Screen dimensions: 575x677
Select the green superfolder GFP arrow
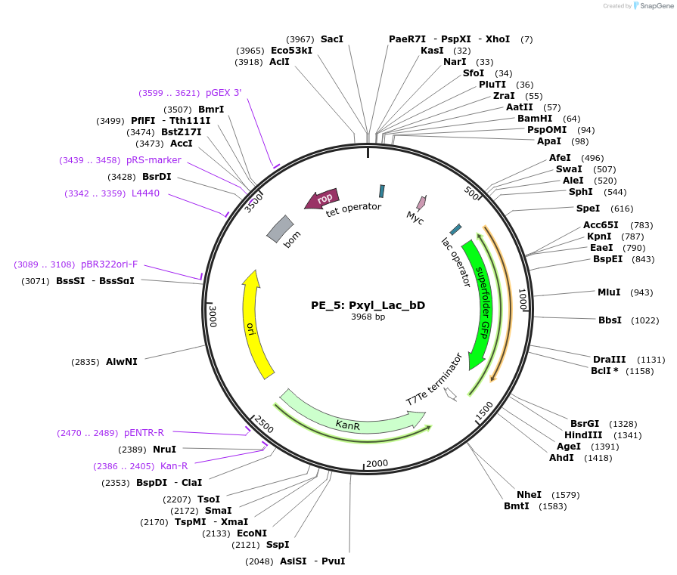[x=483, y=302]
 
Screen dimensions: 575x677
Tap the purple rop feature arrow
[x=321, y=199]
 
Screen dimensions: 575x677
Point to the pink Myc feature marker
[x=421, y=202]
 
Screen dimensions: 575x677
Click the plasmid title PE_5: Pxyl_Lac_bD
[x=368, y=306]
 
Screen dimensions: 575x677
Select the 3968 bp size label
[x=368, y=317]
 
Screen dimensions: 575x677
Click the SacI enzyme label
[x=331, y=39]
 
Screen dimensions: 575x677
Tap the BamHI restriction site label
[x=534, y=119]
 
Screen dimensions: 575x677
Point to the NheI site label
[x=529, y=495]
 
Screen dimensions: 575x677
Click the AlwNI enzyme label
[x=122, y=362]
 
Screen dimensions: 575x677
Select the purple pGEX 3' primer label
[x=223, y=93]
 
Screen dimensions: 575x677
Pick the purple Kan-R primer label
[x=173, y=466]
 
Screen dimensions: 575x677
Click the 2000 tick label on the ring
[x=376, y=463]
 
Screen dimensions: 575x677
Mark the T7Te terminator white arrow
[x=451, y=394]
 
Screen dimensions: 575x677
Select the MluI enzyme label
[x=609, y=292]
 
